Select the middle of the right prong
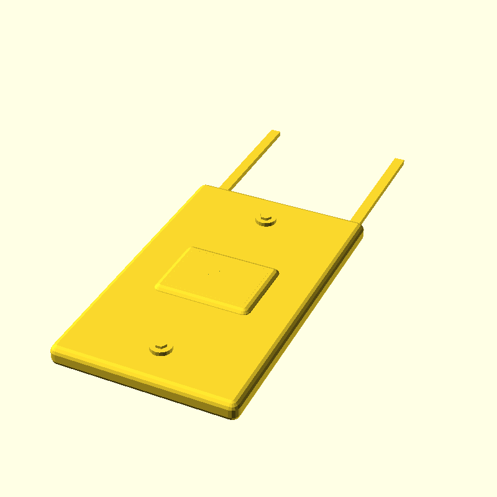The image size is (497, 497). (378, 189)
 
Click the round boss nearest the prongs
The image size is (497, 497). (267, 219)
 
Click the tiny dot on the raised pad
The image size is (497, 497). (218, 271)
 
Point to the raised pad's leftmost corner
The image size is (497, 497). (157, 287)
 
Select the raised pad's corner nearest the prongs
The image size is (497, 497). (193, 247)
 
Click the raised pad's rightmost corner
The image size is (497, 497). (277, 271)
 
